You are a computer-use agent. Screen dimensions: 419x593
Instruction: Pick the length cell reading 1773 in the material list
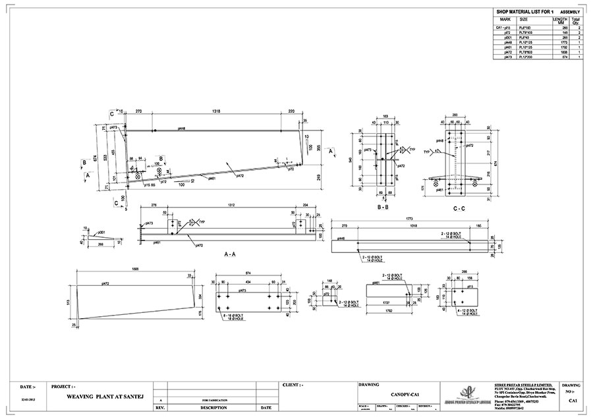(x=557, y=43)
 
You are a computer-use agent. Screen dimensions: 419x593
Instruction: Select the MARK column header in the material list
(x=506, y=20)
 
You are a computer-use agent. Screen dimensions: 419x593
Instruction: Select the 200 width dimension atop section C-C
(x=454, y=115)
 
